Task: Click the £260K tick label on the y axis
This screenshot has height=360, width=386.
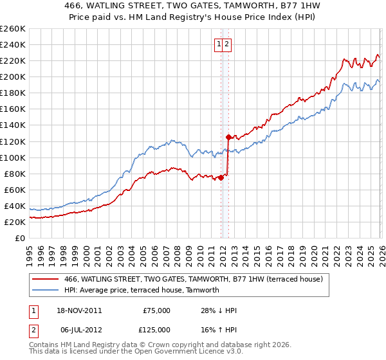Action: pyautogui.click(x=12, y=29)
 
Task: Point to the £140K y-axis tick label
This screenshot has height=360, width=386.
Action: pyautogui.click(x=12, y=125)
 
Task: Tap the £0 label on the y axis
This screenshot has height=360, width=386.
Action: pyautogui.click(x=20, y=238)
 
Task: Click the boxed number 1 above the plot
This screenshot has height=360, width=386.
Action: pyautogui.click(x=219, y=44)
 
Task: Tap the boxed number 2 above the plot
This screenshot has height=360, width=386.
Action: pyautogui.click(x=228, y=44)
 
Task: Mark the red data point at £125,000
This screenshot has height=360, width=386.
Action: pyautogui.click(x=228, y=137)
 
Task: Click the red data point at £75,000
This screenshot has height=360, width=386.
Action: pyautogui.click(x=221, y=177)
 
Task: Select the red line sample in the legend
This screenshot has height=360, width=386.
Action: pyautogui.click(x=45, y=279)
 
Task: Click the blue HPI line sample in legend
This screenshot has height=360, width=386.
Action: pyautogui.click(x=45, y=290)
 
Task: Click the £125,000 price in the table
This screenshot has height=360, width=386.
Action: pyautogui.click(x=156, y=330)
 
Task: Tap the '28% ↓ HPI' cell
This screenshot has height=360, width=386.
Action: pyautogui.click(x=219, y=310)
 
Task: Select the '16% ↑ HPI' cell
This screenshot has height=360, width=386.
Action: pyautogui.click(x=219, y=330)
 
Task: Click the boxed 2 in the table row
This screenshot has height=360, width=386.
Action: pyautogui.click(x=33, y=330)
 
